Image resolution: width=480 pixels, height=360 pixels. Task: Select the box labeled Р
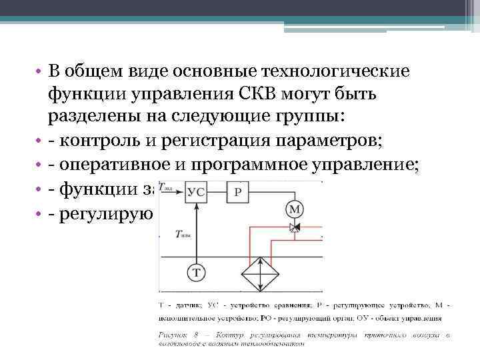[x=238, y=192]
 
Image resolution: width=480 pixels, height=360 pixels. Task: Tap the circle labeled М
[x=293, y=211]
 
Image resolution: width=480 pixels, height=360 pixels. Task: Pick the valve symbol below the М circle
[x=293, y=228]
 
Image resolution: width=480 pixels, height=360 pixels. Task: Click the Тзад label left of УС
[x=175, y=190]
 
